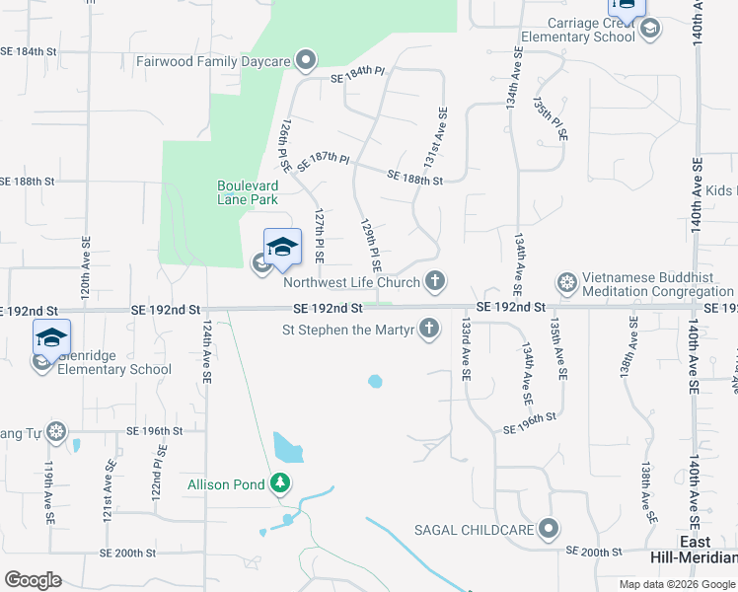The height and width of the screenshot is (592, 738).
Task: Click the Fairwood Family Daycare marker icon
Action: click(306, 61)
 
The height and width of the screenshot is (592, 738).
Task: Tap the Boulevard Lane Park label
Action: click(248, 192)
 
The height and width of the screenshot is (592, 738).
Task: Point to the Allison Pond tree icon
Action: click(281, 483)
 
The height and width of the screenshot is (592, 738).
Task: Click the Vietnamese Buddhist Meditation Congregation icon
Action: click(567, 284)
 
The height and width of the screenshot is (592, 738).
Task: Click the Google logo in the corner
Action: click(33, 579)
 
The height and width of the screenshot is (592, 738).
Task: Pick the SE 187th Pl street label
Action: click(324, 161)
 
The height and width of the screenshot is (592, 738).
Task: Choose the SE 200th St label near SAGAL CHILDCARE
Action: click(593, 552)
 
